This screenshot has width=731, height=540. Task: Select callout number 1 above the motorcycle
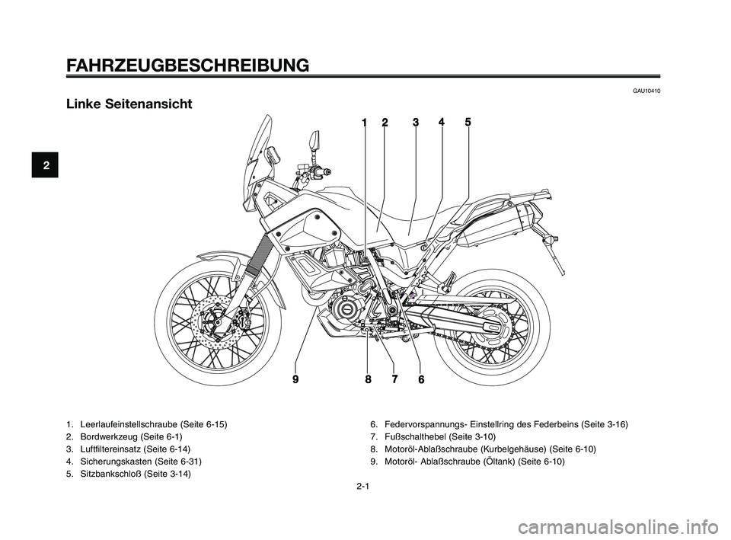tap(365, 122)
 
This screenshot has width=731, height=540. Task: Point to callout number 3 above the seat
tap(416, 122)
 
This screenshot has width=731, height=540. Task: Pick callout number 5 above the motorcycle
tap(468, 122)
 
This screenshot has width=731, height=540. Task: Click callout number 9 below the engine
tap(295, 378)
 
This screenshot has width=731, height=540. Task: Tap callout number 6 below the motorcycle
tap(420, 379)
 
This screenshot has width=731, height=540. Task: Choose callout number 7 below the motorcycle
tap(394, 378)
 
